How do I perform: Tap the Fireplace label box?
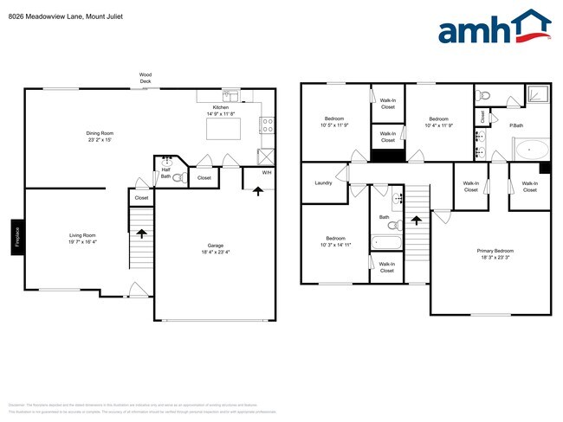(16, 237)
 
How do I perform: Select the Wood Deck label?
(146, 78)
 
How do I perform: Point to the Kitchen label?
(220, 108)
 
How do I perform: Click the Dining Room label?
(100, 132)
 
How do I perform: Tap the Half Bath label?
(165, 172)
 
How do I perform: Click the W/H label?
(267, 172)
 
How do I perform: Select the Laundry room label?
(324, 182)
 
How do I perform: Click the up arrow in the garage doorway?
(257, 190)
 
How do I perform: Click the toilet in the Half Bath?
(178, 177)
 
